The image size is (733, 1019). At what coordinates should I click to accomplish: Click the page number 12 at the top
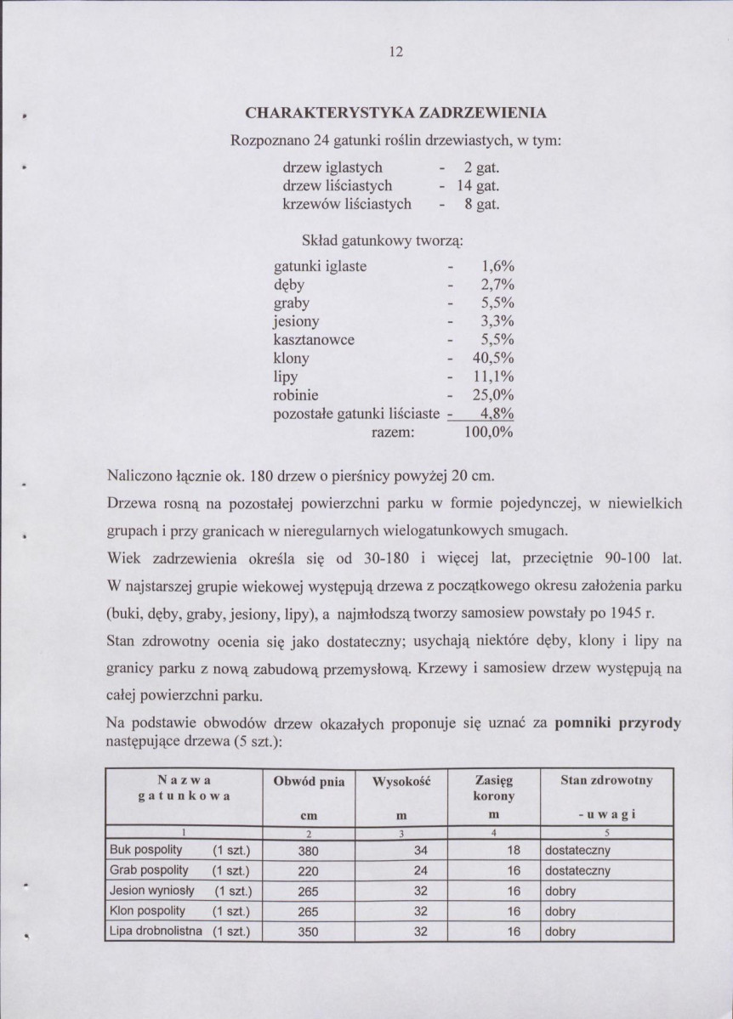394,50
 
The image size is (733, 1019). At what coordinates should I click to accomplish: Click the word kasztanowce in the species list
313,339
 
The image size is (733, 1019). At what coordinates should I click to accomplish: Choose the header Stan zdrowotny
607,779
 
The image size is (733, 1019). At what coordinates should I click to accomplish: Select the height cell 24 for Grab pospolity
419,870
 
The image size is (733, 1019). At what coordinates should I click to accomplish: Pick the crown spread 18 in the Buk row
513,850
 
